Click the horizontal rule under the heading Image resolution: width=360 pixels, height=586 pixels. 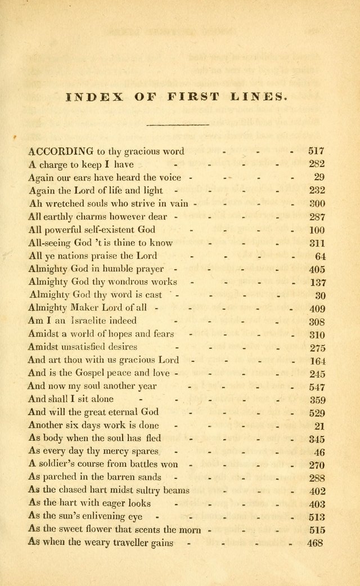177,124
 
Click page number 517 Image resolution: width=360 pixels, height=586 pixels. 317,151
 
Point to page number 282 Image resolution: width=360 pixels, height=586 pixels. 317,164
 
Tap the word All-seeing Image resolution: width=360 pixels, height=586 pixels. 49,243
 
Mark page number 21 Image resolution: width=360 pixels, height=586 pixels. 319,426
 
